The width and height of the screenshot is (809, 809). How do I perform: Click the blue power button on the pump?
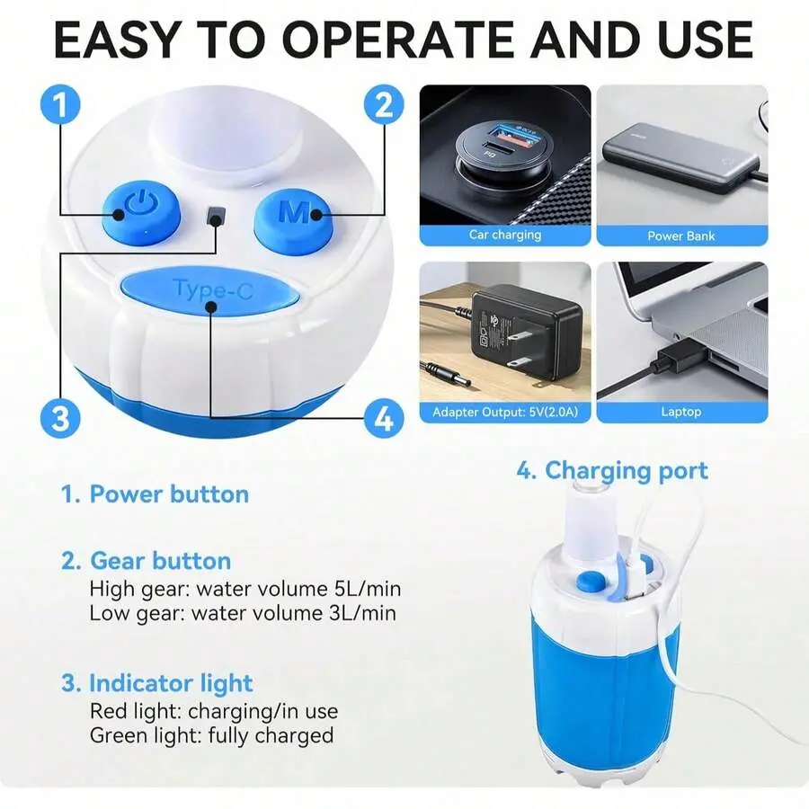point(140,212)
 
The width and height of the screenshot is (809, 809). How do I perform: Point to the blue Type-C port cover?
point(209,291)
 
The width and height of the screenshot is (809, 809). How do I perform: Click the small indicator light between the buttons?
point(216,216)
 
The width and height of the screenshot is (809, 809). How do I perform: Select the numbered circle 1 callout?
point(60,104)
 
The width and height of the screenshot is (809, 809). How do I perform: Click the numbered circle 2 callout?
point(384,105)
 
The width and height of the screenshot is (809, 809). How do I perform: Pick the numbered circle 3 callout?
point(60,418)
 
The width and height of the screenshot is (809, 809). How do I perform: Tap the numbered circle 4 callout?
point(384,418)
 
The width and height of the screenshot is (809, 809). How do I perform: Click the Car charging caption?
point(505,236)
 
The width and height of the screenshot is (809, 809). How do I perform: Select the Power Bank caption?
point(681,236)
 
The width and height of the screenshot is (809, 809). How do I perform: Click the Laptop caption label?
point(681,412)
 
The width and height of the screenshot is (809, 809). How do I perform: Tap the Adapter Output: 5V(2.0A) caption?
point(505,413)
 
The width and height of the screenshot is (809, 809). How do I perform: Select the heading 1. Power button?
point(155,494)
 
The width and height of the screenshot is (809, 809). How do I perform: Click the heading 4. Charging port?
point(612,470)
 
